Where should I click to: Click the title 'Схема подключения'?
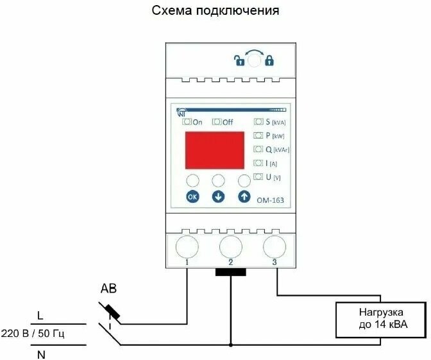tap(216, 12)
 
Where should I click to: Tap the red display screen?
tap(215, 150)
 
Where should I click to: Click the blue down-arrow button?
tap(218, 196)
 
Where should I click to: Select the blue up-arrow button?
tap(244, 196)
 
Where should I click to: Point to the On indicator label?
tap(193, 122)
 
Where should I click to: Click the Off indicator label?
tap(223, 122)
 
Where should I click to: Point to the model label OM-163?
tap(271, 200)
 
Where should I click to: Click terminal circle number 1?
tap(186, 246)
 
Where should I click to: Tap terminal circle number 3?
tap(275, 246)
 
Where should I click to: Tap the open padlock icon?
tap(239, 61)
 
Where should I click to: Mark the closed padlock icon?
tap(269, 61)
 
